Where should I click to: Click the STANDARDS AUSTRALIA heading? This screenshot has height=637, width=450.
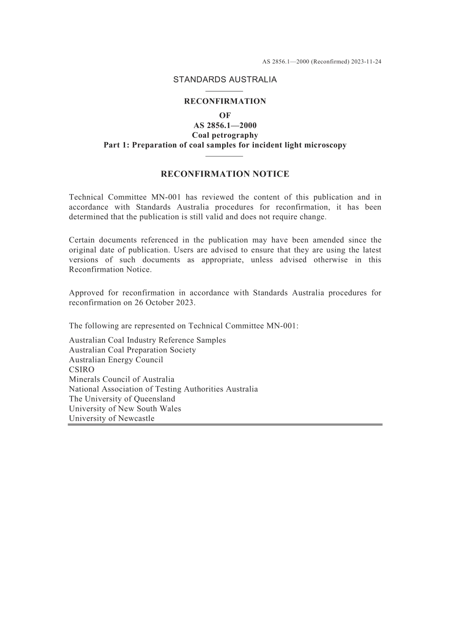[225, 80]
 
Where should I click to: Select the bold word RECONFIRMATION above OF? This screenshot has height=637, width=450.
[225, 101]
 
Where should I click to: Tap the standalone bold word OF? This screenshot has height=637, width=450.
[225, 116]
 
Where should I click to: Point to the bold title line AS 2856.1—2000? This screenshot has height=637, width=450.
[225, 126]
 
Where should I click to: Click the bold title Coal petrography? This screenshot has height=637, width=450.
[225, 135]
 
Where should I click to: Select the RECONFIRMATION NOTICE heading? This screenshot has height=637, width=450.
[225, 174]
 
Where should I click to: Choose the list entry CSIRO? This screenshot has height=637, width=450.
[81, 370]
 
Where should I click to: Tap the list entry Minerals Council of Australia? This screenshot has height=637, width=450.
[121, 379]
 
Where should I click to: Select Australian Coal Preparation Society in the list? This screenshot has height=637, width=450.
[132, 350]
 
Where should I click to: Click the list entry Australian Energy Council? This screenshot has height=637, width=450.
[116, 360]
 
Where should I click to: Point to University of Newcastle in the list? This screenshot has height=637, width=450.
[111, 419]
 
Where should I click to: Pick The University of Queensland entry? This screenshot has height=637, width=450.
[122, 399]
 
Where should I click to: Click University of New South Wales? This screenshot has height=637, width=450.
[125, 409]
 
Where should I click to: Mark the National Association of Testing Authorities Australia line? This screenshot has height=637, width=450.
[163, 389]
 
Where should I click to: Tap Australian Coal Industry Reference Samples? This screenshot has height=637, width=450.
[147, 341]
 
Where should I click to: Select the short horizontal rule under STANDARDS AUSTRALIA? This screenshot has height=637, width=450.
[225, 91]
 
